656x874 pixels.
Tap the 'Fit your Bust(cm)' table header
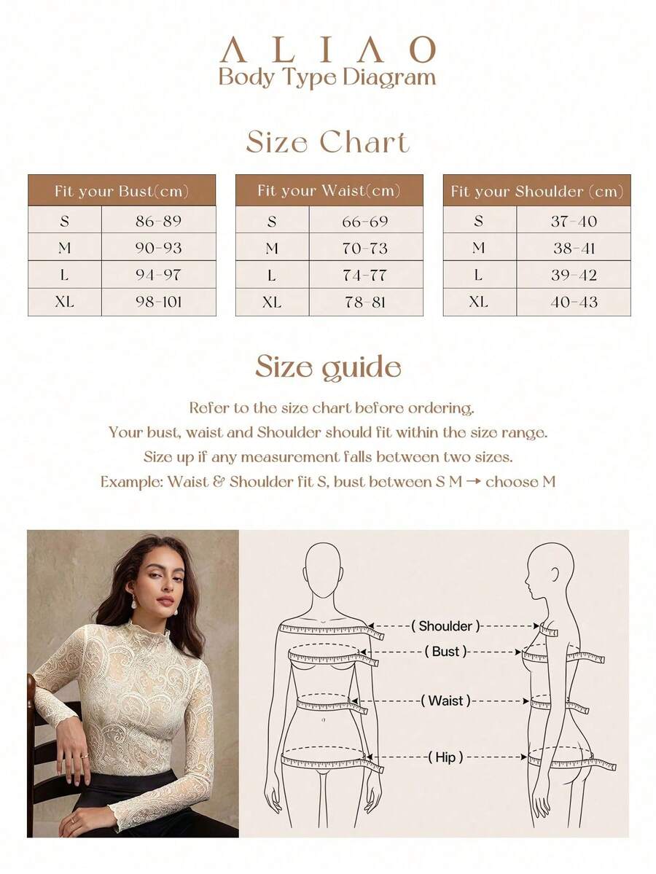click(x=122, y=191)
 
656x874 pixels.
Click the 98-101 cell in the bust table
click(x=158, y=302)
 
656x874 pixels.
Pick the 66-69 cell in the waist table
click(x=365, y=222)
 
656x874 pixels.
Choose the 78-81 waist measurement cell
click(x=365, y=302)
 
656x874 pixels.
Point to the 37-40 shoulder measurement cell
click(x=574, y=222)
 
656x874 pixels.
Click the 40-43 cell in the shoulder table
click(x=574, y=302)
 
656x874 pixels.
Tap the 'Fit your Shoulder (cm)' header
click(x=536, y=191)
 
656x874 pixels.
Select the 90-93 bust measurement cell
click(x=158, y=248)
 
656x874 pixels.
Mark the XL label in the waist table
click(x=271, y=302)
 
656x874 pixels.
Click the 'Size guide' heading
click(x=328, y=367)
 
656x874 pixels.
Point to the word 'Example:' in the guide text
click(x=131, y=482)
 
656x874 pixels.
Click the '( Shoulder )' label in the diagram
click(x=445, y=626)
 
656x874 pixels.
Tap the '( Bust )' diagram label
click(x=445, y=651)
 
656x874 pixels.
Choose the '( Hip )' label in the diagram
click(x=445, y=757)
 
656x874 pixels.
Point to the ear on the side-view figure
click(x=555, y=573)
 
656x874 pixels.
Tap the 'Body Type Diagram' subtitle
click(x=327, y=77)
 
